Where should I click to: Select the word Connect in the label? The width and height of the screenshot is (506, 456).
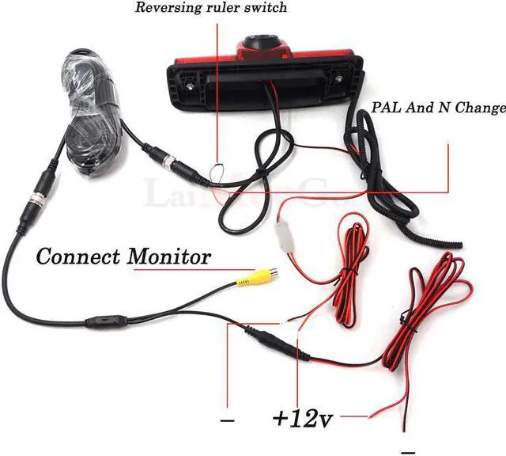click(76, 256)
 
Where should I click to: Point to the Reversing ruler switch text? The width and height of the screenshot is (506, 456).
click(211, 9)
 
